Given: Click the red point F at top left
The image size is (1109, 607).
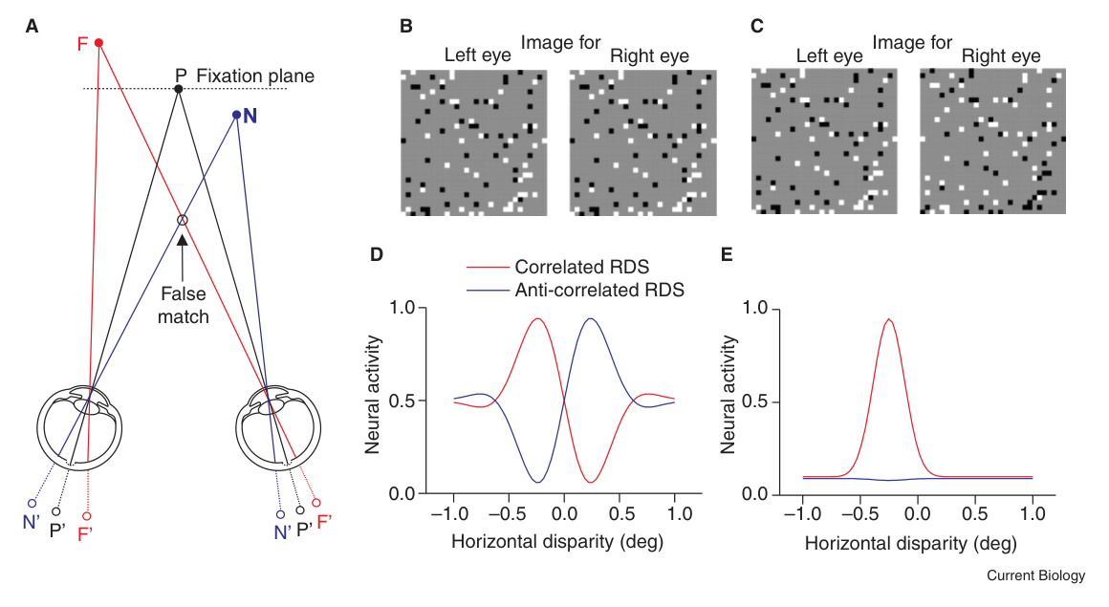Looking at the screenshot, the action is [x=99, y=43].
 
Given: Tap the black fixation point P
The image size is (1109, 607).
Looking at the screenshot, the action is [x=178, y=89].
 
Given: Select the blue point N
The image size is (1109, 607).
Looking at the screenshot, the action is [x=236, y=115].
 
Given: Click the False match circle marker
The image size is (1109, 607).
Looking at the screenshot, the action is [x=183, y=220].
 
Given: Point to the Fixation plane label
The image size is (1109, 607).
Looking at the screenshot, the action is [x=255, y=76].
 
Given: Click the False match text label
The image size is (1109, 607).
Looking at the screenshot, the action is [x=184, y=305].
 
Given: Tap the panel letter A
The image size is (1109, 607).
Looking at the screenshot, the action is [x=32, y=27].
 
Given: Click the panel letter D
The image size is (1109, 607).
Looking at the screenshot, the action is [x=377, y=254].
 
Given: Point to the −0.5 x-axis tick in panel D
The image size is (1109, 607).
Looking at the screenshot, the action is [x=508, y=513].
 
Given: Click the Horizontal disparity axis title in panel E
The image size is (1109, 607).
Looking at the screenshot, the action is [x=911, y=543].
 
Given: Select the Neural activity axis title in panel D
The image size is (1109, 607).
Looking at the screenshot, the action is [x=373, y=394].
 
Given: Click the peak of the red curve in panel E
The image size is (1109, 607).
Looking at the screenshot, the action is [x=889, y=319].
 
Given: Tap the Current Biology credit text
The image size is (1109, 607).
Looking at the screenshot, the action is [x=1036, y=575].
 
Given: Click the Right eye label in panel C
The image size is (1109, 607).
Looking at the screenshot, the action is [x=1001, y=55].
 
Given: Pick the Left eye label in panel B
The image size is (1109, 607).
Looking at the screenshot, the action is [x=477, y=55].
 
